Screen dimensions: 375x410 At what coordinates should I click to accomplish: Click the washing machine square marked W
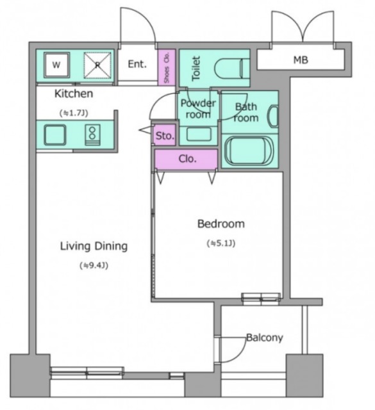point(56,65)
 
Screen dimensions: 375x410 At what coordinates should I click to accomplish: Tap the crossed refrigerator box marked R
point(97,65)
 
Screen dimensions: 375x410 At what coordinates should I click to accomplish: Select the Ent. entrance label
point(137,64)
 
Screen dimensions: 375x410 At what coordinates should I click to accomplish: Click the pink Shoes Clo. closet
point(167,67)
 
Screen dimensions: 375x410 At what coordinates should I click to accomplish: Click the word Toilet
point(196,68)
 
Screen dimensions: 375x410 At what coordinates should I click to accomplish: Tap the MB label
point(301,60)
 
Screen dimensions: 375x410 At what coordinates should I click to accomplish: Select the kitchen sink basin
point(55,135)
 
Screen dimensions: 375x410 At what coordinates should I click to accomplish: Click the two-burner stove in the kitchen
point(92,135)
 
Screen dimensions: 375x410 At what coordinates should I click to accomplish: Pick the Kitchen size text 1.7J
point(74,113)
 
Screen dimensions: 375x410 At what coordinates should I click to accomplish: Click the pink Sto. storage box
point(164,135)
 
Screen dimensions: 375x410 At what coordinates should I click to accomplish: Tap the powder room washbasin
point(199,134)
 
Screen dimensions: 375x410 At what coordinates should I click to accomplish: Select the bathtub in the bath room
point(249,151)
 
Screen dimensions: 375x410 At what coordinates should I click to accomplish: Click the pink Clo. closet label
point(187,158)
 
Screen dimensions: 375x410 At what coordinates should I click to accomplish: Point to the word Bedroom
point(221,224)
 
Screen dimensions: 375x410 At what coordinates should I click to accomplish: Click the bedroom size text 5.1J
point(221,243)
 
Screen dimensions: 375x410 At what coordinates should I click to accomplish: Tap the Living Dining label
point(94,246)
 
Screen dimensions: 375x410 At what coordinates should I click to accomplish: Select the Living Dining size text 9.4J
point(94,266)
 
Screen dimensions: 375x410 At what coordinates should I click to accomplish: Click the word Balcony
point(265,338)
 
